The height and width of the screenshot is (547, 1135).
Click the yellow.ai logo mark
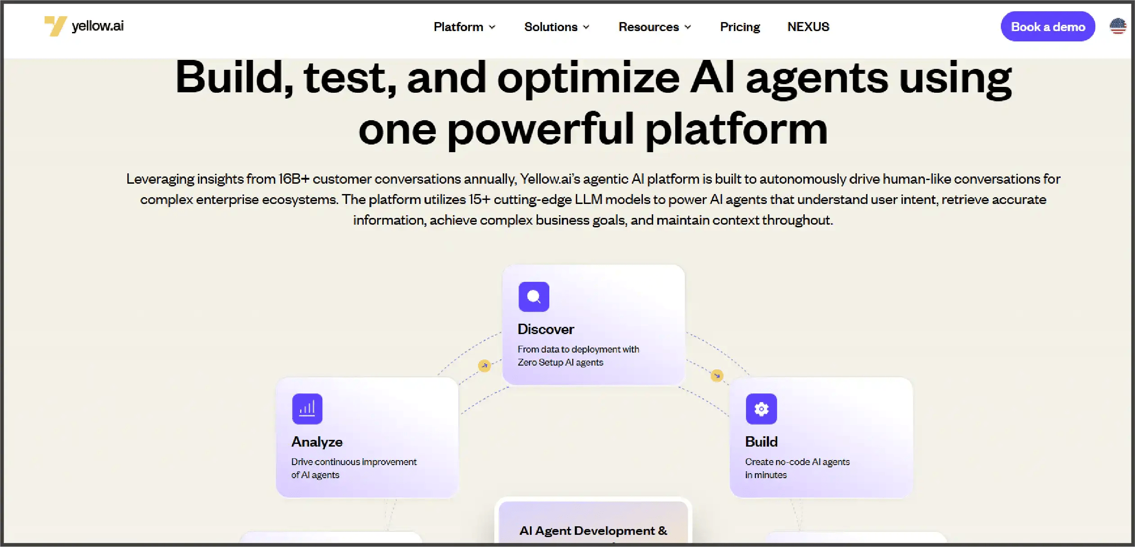[55, 26]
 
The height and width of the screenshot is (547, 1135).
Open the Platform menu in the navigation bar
[464, 27]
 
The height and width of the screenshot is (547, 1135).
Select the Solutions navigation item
[556, 27]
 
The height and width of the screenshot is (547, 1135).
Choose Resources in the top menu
[654, 27]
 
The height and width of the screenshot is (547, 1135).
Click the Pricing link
[740, 27]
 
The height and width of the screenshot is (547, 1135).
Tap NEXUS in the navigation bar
[808, 27]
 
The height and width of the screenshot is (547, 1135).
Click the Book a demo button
[1048, 27]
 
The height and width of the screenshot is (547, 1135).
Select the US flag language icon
[1117, 26]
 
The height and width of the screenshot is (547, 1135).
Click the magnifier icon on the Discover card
[534, 297]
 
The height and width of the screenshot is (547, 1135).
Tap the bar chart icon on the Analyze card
[307, 409]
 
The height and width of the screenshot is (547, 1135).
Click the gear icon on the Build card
[761, 409]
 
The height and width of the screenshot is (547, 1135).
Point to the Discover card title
[546, 329]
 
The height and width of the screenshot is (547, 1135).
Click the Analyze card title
[317, 442]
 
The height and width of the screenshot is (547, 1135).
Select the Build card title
[761, 442]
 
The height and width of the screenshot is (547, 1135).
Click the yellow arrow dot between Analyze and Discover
[484, 366]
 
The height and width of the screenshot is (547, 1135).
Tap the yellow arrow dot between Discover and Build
[717, 375]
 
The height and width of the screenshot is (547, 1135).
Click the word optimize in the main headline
[588, 79]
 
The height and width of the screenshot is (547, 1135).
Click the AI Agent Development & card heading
[593, 531]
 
